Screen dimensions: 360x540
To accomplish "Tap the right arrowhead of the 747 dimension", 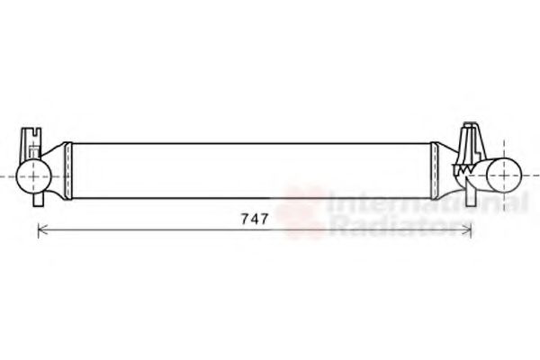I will [469, 230].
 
